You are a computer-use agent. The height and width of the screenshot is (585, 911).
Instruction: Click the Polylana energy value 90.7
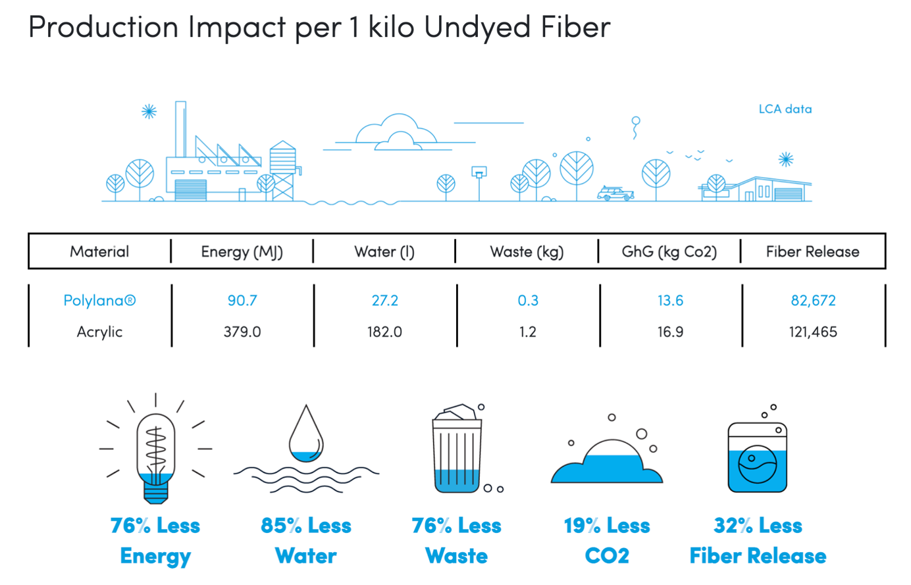point(242,301)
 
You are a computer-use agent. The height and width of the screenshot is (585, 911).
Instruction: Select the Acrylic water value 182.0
point(384,332)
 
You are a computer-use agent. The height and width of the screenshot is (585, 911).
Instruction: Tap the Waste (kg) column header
point(527,252)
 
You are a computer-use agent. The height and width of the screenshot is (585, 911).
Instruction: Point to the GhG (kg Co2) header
point(669,252)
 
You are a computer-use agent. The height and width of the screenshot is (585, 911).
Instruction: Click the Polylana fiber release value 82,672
point(813,301)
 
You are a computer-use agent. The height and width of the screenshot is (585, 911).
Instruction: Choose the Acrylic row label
point(99,332)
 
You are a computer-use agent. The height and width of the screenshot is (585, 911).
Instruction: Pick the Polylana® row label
point(99,301)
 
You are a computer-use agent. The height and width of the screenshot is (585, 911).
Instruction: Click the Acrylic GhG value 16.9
point(670,332)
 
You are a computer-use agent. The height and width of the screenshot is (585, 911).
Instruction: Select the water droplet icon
point(306,434)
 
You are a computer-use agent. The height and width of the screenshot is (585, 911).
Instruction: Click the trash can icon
point(457,449)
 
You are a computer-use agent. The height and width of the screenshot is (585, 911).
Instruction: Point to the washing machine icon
point(757,457)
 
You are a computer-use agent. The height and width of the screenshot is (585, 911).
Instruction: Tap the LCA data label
point(785,109)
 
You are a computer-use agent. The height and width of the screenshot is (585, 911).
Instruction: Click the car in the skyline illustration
point(615,193)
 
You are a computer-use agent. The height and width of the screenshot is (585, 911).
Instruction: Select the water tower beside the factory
point(284,170)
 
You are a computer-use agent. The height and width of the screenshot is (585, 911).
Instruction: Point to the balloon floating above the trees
point(635,128)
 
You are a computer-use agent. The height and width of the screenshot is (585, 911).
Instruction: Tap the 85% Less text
point(306,525)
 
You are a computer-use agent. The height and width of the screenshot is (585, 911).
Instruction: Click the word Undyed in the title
point(477,28)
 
